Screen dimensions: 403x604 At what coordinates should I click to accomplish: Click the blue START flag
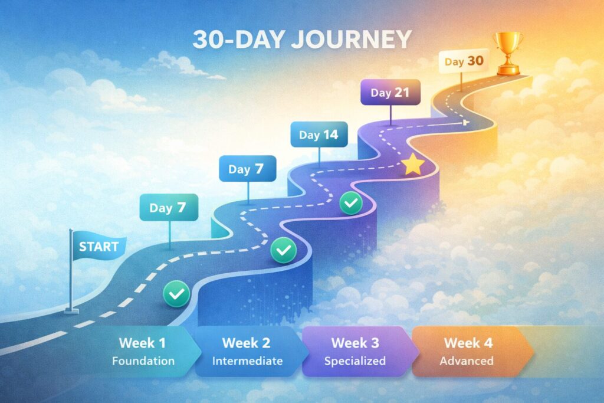click(x=98, y=247)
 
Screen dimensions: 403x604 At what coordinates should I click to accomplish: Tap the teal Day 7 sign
click(x=169, y=208)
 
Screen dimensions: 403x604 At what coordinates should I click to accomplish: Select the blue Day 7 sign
click(x=247, y=169)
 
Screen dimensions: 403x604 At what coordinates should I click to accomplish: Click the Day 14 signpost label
click(x=319, y=135)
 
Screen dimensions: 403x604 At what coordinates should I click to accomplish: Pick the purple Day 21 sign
click(x=390, y=92)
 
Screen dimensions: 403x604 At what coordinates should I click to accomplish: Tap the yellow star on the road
click(x=413, y=165)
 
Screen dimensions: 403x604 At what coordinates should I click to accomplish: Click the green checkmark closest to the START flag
click(x=176, y=291)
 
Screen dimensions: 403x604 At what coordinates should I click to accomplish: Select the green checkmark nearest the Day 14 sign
click(x=352, y=204)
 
